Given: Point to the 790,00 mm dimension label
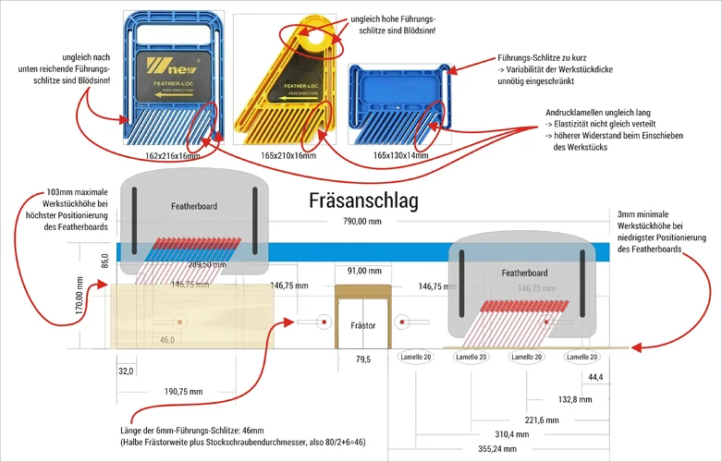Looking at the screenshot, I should point(362,222).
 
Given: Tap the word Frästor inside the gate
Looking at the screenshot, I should point(363,326).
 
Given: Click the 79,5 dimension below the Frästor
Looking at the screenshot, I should point(362,359).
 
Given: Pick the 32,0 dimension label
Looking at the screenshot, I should point(126,371).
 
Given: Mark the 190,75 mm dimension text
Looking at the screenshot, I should point(183,391).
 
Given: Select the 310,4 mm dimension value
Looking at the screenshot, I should point(510,433).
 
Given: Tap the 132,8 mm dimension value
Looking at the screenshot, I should point(576,399).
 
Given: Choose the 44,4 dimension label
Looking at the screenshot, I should point(595,377).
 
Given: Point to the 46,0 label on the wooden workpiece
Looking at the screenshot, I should point(167,340).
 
